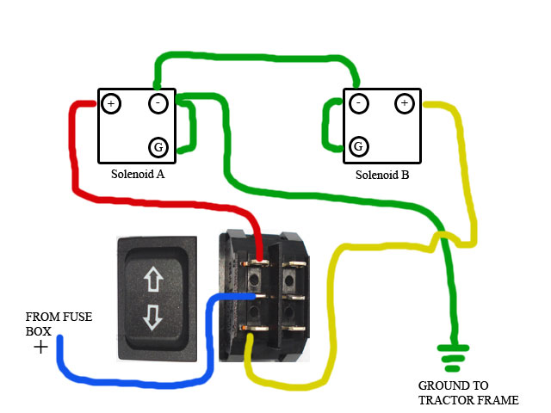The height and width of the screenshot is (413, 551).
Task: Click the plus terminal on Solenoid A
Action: tap(110, 104)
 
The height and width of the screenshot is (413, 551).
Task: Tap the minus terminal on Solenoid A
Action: tap(158, 104)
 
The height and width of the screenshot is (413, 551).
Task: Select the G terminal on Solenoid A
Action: tap(158, 147)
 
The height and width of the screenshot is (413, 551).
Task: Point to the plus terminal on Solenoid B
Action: tap(404, 104)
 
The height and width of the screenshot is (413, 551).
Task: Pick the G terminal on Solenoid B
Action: tap(359, 147)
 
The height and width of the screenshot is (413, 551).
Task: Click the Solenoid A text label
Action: tap(138, 174)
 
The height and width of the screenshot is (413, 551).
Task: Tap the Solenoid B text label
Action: tap(382, 175)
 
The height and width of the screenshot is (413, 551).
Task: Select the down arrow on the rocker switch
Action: tap(153, 316)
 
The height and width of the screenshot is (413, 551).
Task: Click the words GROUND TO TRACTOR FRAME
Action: tap(468, 392)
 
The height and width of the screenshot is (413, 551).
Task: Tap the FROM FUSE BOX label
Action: tap(59, 324)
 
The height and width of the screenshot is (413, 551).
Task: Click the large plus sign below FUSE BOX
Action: tap(40, 347)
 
